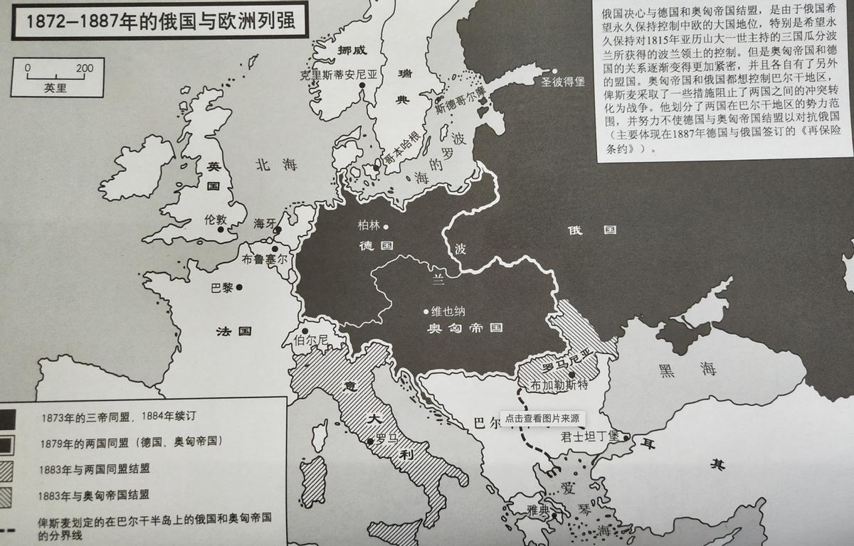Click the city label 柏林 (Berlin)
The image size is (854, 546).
click(369, 226)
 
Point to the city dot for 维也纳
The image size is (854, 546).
click(426, 311)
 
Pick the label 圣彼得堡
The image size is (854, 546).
click(562, 82)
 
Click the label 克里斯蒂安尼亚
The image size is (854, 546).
click(333, 73)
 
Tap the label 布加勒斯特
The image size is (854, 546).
click(558, 385)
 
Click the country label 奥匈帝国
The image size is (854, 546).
click(465, 328)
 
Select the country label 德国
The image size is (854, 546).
click(376, 245)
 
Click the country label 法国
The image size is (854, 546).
click(234, 331)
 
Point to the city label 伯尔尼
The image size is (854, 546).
click(311, 340)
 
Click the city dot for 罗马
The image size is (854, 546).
click(370, 442)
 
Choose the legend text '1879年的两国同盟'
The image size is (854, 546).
click(131, 441)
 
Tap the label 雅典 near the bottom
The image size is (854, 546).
click(539, 508)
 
